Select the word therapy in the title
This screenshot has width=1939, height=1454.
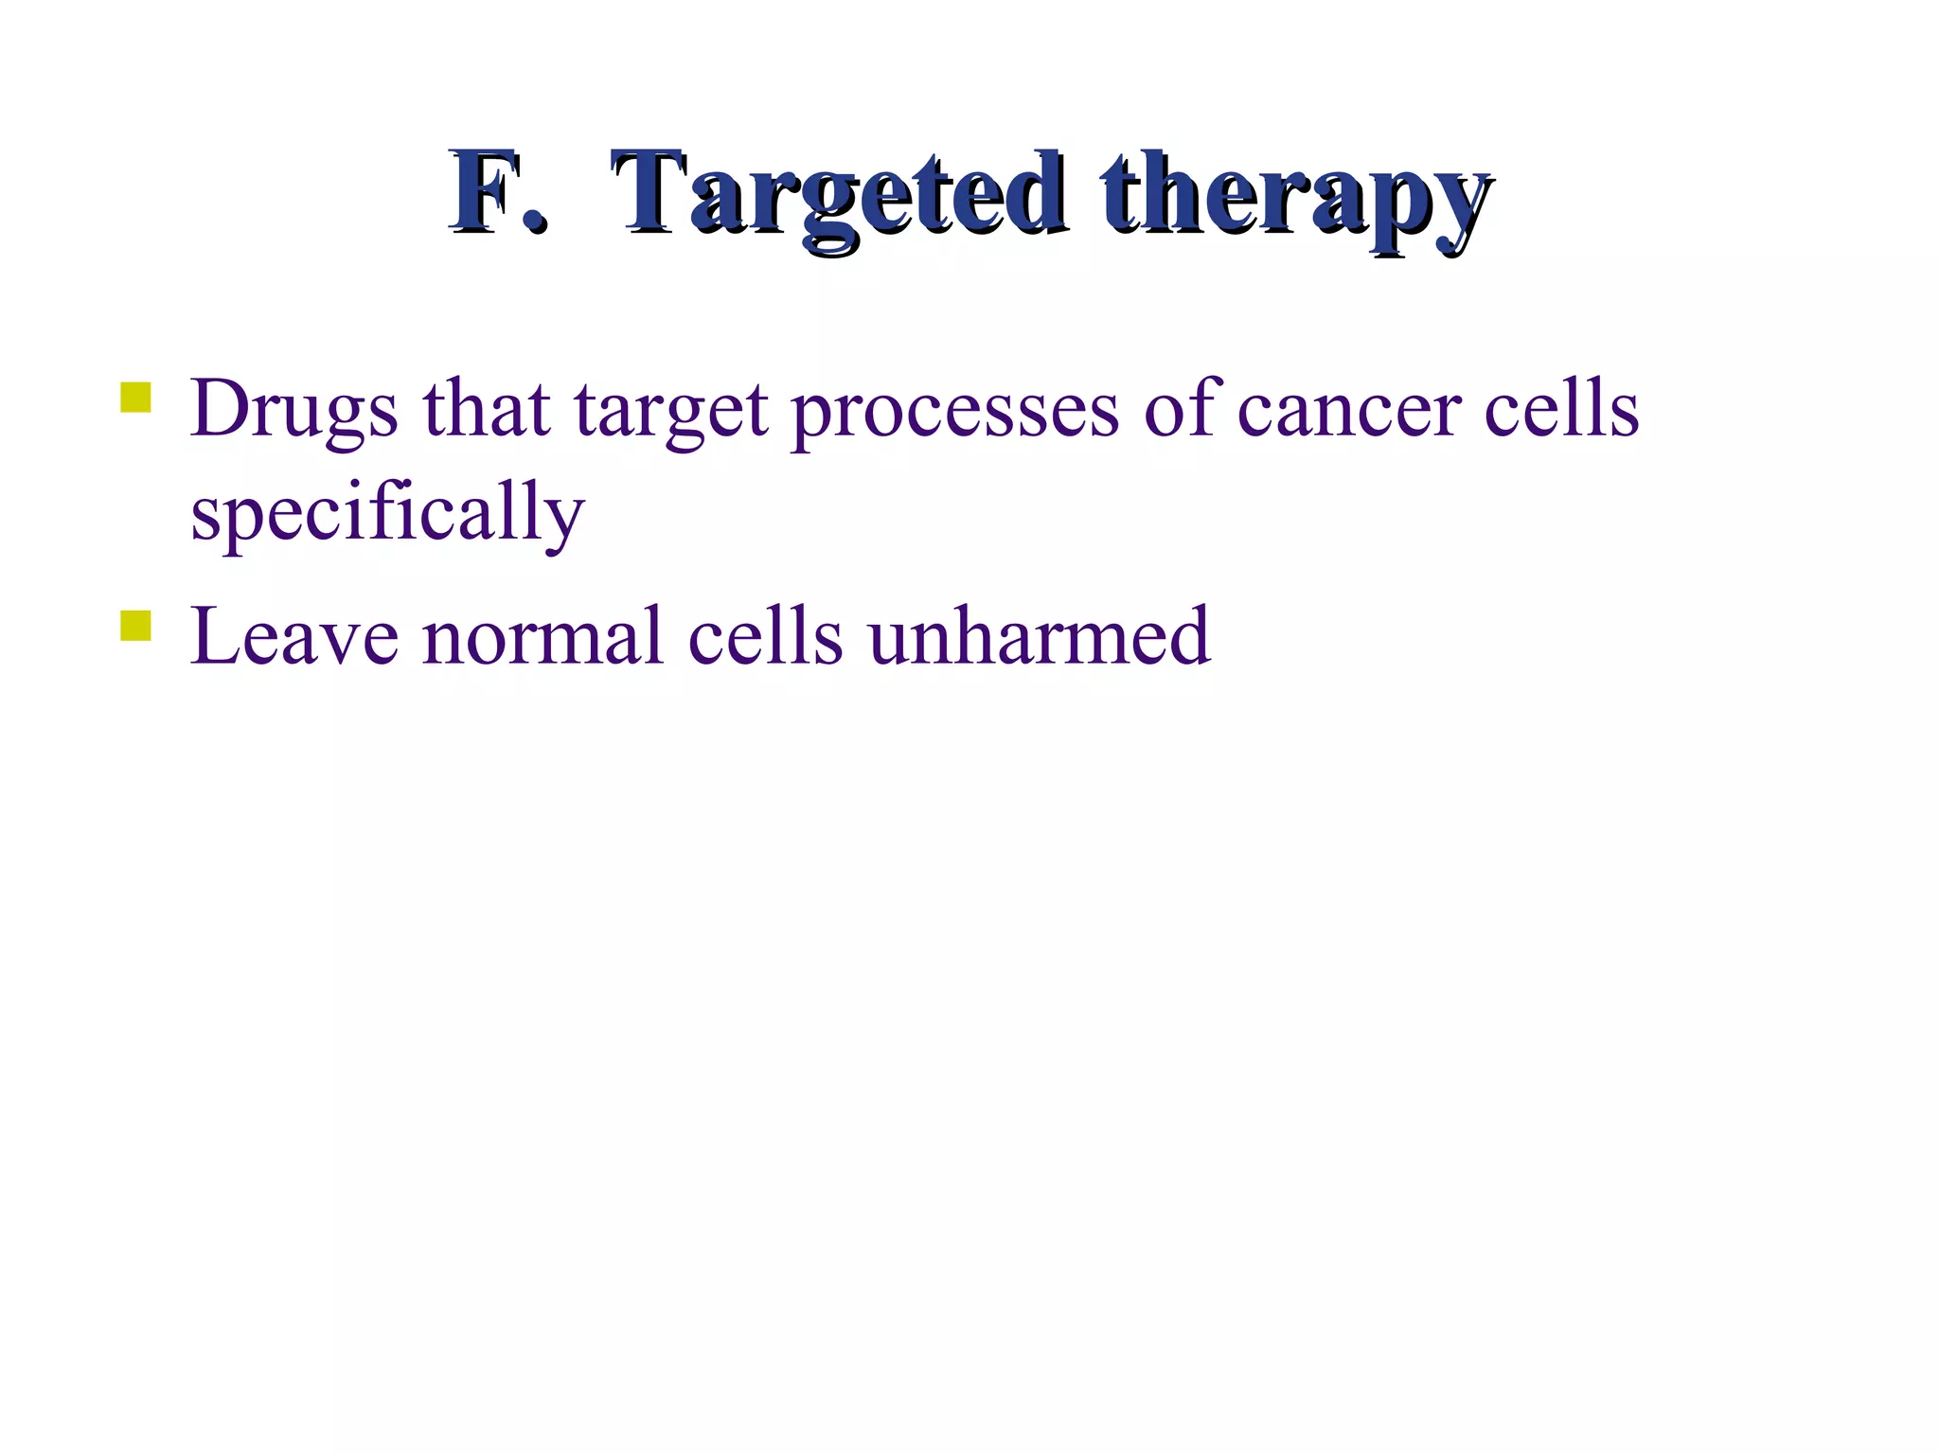click(1295, 196)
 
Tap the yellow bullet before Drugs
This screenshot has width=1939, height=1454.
click(136, 398)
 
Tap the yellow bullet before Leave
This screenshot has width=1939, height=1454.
click(136, 626)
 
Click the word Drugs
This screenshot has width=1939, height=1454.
click(294, 410)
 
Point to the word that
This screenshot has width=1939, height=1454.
click(486, 410)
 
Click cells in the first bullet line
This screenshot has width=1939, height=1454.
click(1560, 408)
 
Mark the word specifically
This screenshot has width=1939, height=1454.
click(387, 514)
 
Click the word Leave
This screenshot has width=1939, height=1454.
click(294, 637)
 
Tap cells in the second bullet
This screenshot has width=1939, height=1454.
click(765, 637)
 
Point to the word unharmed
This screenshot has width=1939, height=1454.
click(1039, 637)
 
